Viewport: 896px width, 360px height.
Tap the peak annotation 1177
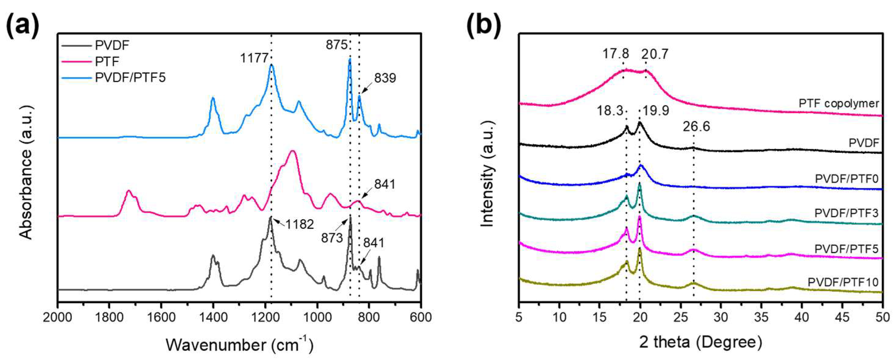coord(254,58)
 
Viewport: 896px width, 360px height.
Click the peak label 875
coord(336,45)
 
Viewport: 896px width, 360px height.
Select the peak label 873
coord(332,238)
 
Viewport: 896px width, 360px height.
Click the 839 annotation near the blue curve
coord(385,78)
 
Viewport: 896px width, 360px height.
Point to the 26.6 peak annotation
coord(696,127)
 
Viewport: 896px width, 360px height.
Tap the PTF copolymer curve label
coord(838,103)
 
